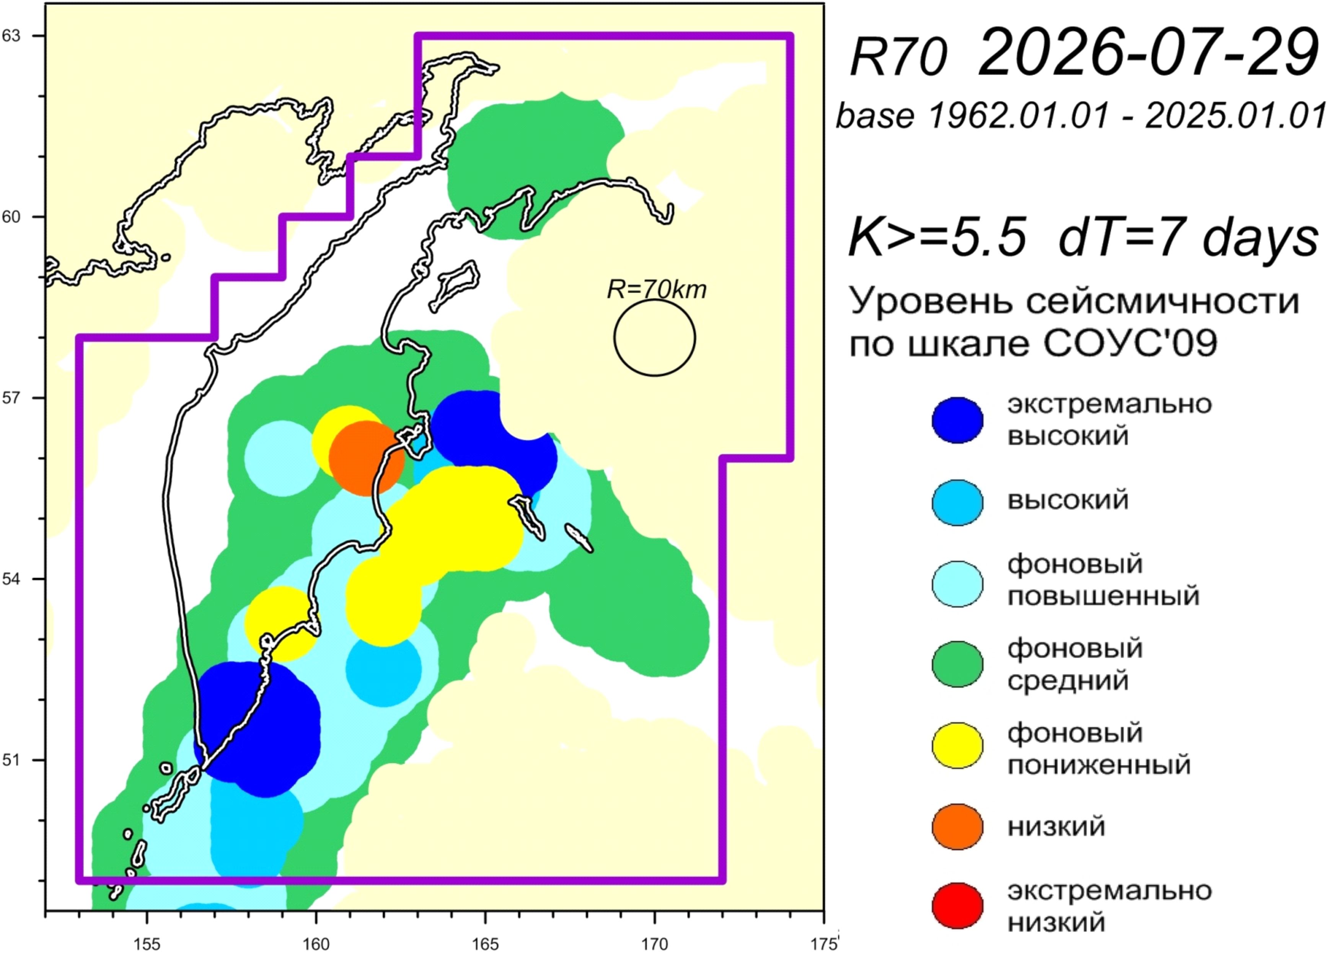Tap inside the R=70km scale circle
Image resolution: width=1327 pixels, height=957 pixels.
point(655,337)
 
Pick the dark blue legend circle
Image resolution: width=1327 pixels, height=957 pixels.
point(958,420)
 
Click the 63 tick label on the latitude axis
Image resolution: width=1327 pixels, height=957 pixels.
point(11,36)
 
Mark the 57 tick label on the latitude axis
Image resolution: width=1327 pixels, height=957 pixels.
point(11,398)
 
